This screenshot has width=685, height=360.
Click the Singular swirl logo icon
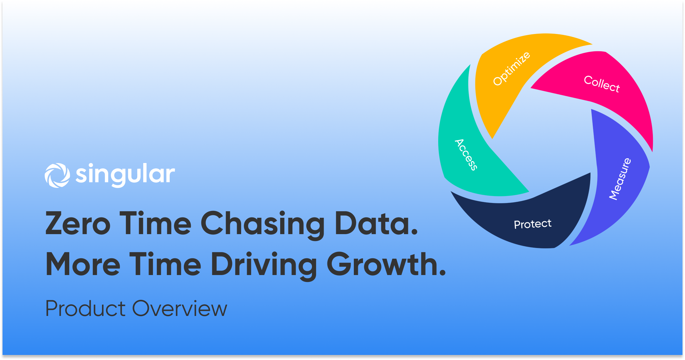57,175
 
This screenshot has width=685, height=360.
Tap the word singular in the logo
125,175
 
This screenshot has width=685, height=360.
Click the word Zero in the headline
78,223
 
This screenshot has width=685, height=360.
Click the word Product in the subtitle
86,308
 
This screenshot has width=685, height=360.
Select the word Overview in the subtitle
180,308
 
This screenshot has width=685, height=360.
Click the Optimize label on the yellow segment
512,68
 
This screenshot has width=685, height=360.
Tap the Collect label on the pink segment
602,84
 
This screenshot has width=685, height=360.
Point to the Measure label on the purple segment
620,179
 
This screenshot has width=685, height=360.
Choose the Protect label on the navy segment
533,224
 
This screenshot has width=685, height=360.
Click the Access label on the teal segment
466,155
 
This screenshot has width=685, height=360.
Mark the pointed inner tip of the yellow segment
492,138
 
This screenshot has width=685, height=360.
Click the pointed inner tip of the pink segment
531,88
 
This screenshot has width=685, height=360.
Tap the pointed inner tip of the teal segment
529,191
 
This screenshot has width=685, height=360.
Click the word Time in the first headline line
155,223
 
